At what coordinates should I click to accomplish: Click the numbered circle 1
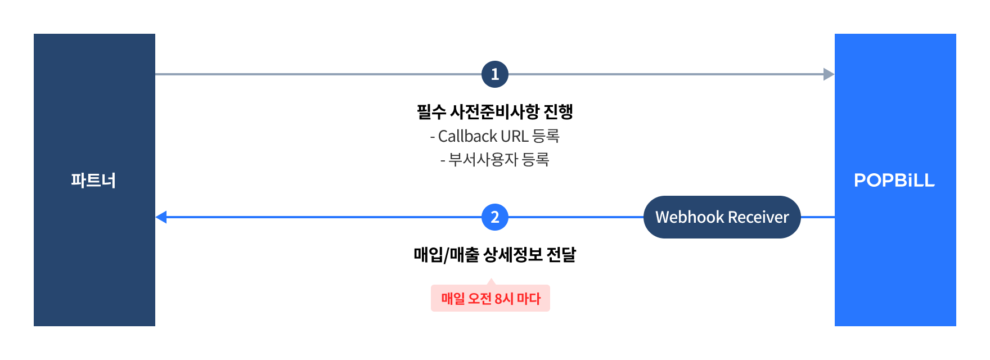[495, 74]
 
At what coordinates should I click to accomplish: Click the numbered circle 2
[495, 217]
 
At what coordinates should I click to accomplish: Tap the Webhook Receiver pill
[722, 217]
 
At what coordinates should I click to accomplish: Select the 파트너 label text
[93, 181]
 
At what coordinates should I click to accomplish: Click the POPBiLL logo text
[894, 181]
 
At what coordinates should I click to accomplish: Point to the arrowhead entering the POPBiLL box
[829, 74]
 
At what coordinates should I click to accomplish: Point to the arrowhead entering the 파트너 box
[161, 217]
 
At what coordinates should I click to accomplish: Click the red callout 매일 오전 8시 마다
[490, 299]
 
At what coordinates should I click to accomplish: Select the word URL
[514, 136]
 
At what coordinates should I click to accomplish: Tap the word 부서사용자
[483, 160]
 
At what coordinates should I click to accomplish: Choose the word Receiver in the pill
[759, 217]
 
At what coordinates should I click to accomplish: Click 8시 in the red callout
[504, 299]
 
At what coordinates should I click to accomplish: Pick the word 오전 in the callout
[480, 299]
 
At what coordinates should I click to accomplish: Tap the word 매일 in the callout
[453, 299]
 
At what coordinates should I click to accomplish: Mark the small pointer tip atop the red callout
[491, 280]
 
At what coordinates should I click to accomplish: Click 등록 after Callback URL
[545, 136]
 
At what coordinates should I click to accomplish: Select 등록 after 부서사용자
[535, 160]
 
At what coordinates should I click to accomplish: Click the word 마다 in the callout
[529, 299]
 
